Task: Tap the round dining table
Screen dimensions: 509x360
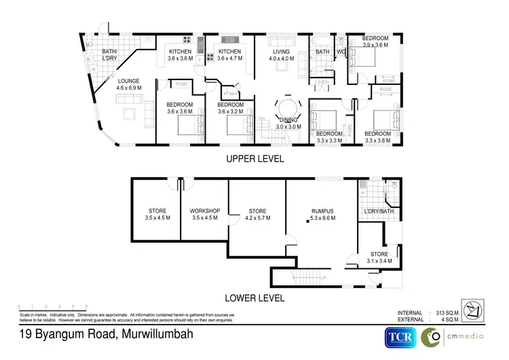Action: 285,109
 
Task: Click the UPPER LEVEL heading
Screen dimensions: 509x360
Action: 254,159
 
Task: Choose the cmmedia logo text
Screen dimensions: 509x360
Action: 468,336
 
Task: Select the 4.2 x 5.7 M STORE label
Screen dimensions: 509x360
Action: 257,214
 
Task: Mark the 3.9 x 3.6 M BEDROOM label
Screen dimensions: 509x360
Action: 375,41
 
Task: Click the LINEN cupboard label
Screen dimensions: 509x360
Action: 322,83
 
